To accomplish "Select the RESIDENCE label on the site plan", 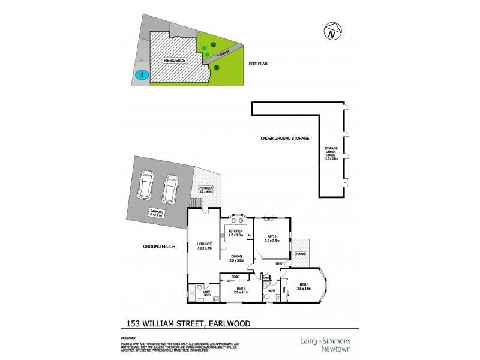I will [175, 61].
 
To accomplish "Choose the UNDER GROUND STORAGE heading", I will [284, 139].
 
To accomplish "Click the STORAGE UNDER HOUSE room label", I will [331, 154].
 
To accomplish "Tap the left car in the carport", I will [146, 185].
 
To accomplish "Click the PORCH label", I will [300, 254].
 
